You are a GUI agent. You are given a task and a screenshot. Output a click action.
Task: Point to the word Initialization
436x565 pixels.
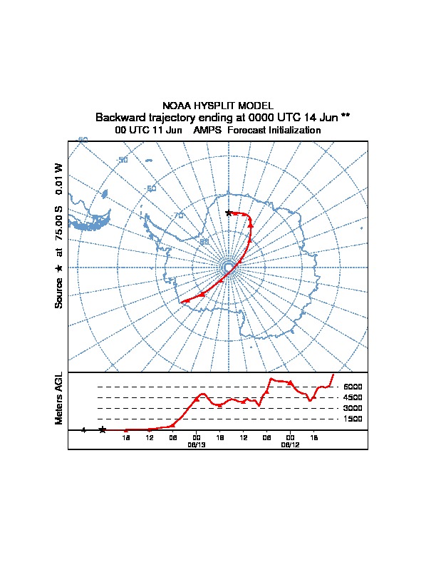pos(293,131)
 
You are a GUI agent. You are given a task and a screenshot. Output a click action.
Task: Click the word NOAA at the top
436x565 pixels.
pos(177,105)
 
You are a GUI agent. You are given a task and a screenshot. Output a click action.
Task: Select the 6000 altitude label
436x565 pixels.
pos(352,387)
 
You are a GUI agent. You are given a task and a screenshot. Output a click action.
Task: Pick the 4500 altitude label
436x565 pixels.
pos(352,397)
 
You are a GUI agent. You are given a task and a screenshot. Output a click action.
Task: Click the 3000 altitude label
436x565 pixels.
pos(352,408)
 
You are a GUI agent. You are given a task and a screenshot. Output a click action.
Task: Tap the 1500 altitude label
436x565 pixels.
pos(352,419)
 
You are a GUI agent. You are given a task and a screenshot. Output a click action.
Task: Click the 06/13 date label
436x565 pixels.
pos(196,444)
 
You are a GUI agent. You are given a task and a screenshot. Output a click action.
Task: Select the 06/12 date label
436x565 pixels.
pos(290,444)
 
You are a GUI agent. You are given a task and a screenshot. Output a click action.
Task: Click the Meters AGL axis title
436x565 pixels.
pos(59,398)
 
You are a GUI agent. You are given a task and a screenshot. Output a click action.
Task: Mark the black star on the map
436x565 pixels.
pos(229,213)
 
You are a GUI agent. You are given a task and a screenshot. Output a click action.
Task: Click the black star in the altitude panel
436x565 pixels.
pos(103,429)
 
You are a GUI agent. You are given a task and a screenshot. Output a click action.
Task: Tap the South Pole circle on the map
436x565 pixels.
pos(228,267)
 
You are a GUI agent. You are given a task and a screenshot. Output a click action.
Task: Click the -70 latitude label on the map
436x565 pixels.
pos(178,215)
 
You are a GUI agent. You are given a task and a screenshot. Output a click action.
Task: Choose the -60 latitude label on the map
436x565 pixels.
pos(150,188)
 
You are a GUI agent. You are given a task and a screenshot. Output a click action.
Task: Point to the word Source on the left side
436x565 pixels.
pos(59,292)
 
